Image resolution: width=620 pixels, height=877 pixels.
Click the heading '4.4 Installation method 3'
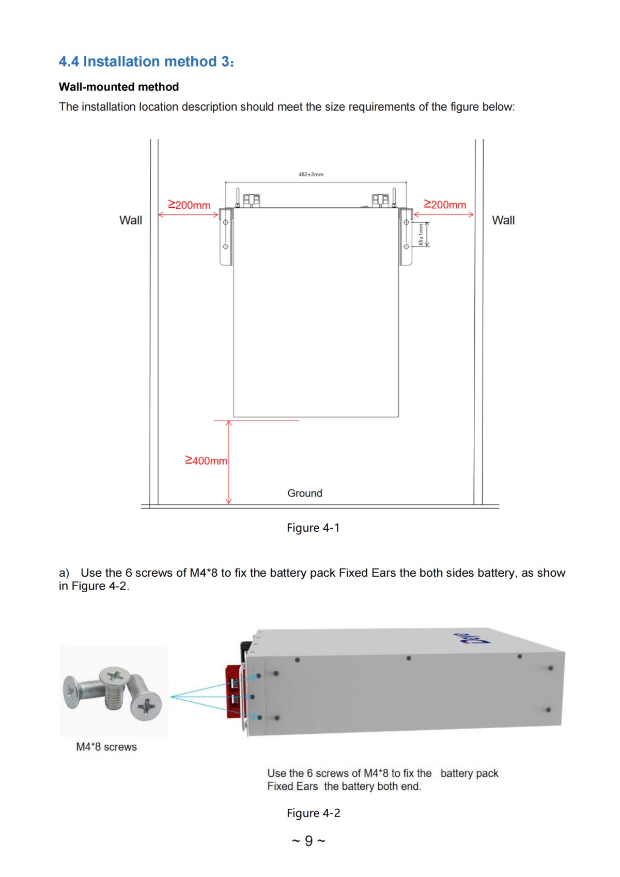tap(146, 61)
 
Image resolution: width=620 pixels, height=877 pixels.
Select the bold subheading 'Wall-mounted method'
tap(119, 87)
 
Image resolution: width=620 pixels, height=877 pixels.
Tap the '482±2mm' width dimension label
tap(311, 175)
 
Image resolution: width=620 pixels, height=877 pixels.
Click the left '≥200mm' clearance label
tap(189, 205)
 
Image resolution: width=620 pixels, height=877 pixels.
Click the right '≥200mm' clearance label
tap(445, 205)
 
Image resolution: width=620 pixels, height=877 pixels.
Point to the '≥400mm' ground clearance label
tap(206, 460)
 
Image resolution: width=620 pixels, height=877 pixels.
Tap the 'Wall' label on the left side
tap(131, 220)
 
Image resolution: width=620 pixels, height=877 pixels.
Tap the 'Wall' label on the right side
tap(503, 220)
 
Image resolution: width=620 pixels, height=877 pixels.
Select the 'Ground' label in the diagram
tap(305, 493)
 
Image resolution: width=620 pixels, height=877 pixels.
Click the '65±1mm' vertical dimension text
tap(421, 235)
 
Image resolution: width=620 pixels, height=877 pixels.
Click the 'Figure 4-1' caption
tap(313, 528)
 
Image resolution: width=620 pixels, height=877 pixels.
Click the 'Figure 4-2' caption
tap(313, 813)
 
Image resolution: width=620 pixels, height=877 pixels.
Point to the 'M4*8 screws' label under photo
tap(106, 747)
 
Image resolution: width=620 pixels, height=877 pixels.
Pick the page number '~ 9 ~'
tap(308, 841)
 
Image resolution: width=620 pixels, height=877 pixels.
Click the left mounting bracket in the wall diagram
tap(226, 237)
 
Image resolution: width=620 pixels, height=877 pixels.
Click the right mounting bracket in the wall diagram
tap(406, 237)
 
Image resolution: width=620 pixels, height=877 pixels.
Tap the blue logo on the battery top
tap(471, 639)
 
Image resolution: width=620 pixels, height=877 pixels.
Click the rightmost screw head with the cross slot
tap(147, 705)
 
